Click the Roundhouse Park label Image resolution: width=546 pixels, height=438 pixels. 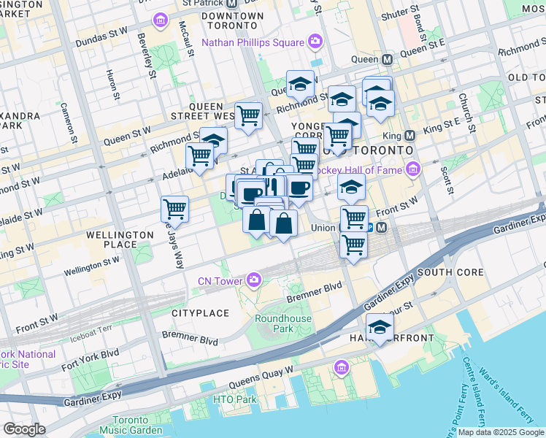point(283,323)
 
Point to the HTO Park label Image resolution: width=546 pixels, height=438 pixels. point(234,399)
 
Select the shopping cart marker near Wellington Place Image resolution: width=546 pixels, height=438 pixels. point(175,209)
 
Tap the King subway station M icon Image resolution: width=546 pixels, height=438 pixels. point(409,135)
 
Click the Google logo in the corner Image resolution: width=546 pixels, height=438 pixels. point(24,429)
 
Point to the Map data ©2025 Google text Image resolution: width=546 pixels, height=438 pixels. point(501,432)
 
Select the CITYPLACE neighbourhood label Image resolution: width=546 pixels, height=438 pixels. point(200,312)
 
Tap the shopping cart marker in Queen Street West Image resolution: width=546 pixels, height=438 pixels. point(248,115)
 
